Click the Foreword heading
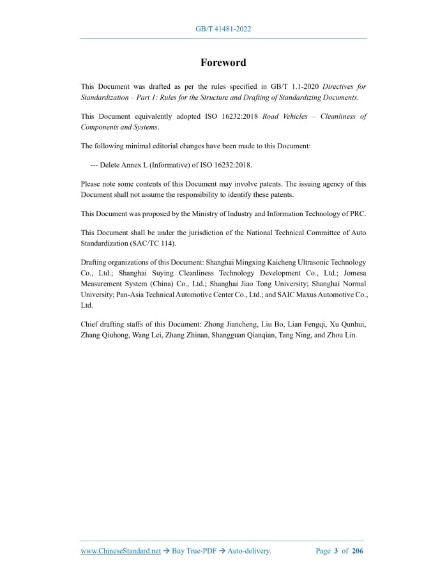223,63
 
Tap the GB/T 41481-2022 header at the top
223,29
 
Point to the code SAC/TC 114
153,243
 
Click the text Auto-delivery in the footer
249,551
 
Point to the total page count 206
357,551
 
